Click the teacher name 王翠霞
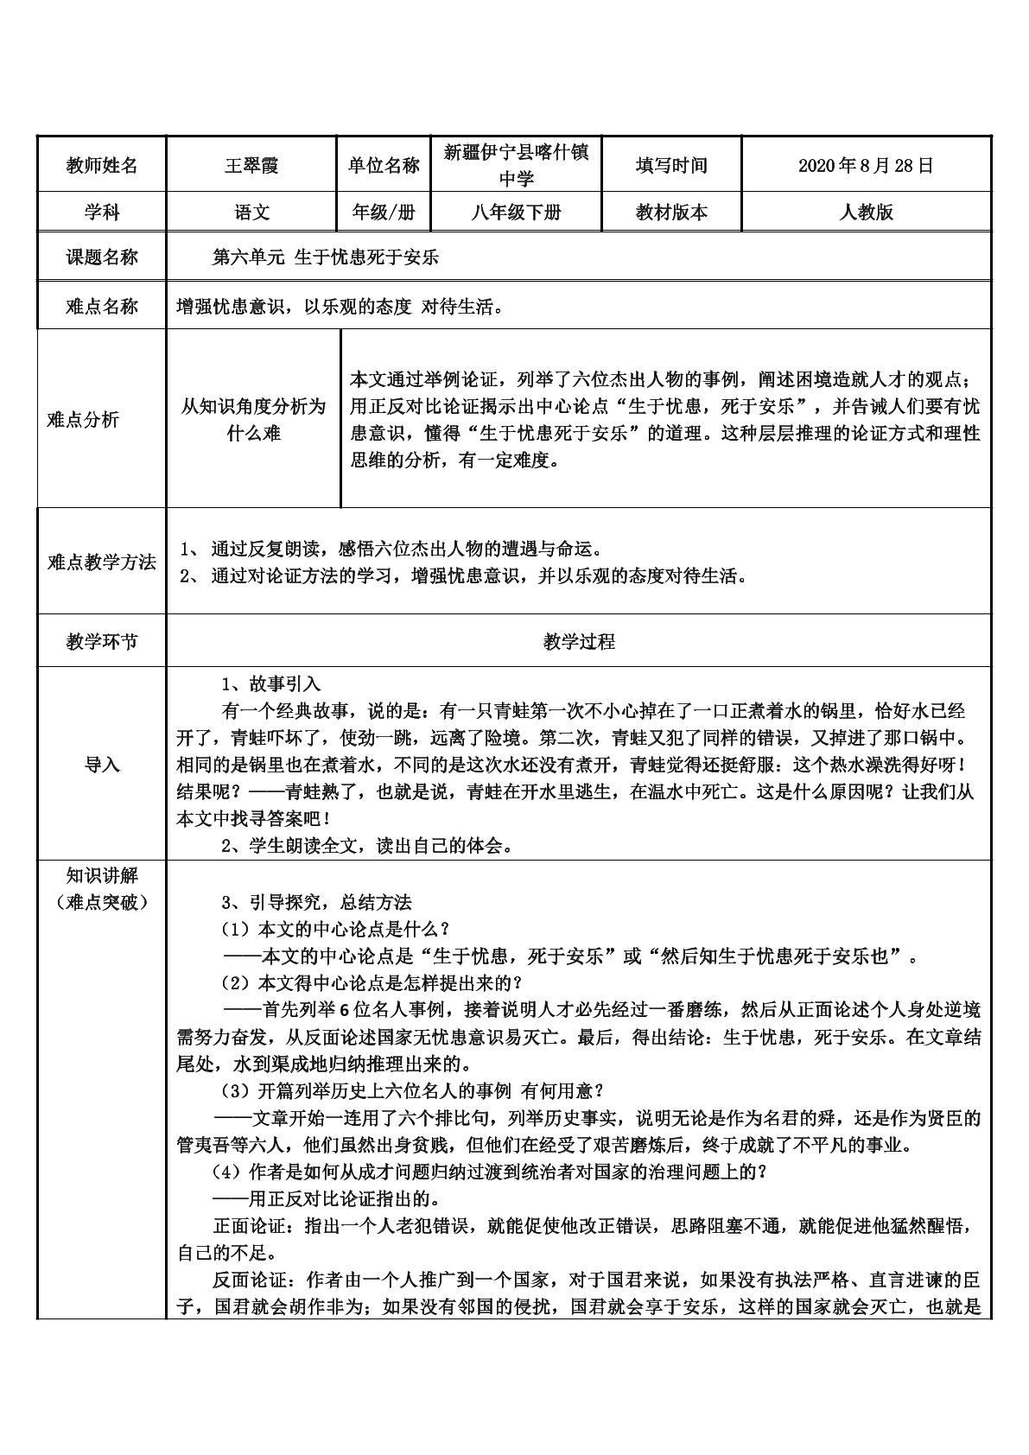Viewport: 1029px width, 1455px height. tap(251, 165)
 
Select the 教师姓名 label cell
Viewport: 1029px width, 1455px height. tap(102, 165)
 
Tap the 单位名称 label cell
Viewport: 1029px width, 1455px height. tap(384, 165)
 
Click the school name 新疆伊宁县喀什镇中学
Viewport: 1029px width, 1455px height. tap(516, 165)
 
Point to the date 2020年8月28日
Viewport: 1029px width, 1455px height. tap(866, 165)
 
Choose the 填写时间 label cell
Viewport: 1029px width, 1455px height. tap(670, 165)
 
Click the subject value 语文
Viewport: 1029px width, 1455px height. tap(251, 213)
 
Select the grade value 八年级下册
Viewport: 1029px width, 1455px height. tap(516, 213)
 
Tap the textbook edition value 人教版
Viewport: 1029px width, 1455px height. tap(866, 213)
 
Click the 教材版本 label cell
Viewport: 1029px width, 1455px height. tap(670, 213)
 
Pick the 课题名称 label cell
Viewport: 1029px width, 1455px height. tap(102, 257)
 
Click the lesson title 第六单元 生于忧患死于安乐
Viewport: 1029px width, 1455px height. tap(326, 257)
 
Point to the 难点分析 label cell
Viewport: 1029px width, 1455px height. tap(83, 420)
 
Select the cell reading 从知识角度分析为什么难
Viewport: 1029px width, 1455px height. tap(253, 420)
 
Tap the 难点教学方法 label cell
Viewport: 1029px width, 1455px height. tap(102, 562)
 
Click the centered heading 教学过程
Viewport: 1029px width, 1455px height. tap(579, 641)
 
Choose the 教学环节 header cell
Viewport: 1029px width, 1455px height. tap(102, 641)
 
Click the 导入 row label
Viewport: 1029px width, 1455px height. tap(102, 765)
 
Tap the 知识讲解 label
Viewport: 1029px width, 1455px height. tap(102, 876)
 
